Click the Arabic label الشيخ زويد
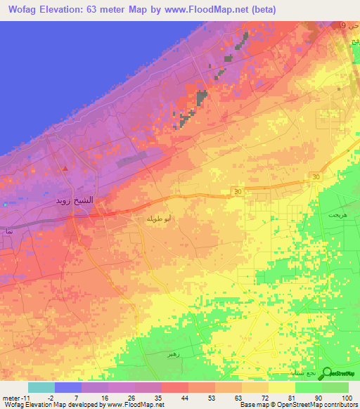75,200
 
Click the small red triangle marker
65,169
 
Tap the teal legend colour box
41,387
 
